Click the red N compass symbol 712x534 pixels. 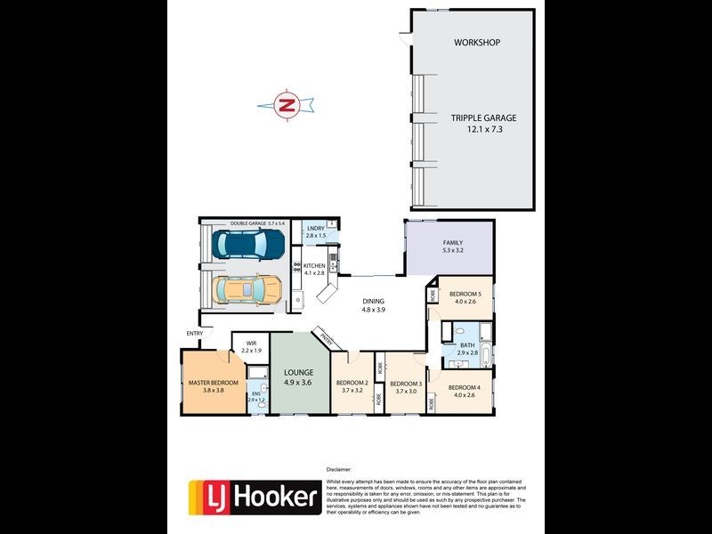pyautogui.click(x=287, y=105)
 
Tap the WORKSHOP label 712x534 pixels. pyautogui.click(x=477, y=43)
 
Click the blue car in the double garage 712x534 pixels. pyautogui.click(x=250, y=243)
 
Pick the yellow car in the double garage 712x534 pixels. pyautogui.click(x=247, y=288)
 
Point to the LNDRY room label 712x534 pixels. pyautogui.click(x=316, y=229)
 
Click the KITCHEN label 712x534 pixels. pyautogui.click(x=314, y=266)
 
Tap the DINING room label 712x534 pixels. pyautogui.click(x=373, y=302)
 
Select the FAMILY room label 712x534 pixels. pyautogui.click(x=453, y=243)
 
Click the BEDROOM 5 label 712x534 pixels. pyautogui.click(x=465, y=294)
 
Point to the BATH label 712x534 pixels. pyautogui.click(x=467, y=345)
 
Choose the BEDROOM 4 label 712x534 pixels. pyautogui.click(x=464, y=387)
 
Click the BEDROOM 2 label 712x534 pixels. pyautogui.click(x=352, y=384)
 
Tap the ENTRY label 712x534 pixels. pyautogui.click(x=194, y=334)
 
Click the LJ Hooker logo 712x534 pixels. pyautogui.click(x=254, y=496)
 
